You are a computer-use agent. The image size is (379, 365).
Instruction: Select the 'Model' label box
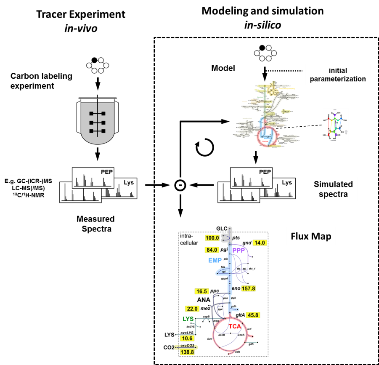pyautogui.click(x=223, y=68)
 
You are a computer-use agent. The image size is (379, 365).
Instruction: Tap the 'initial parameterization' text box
pyautogui.click(x=338, y=75)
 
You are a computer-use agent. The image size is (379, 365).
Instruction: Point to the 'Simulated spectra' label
pyautogui.click(x=333, y=189)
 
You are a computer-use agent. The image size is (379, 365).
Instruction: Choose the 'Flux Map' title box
pyautogui.click(x=311, y=237)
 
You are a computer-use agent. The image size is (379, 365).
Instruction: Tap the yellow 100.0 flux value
pyautogui.click(x=212, y=238)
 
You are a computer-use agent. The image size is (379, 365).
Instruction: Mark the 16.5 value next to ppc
pyautogui.click(x=202, y=291)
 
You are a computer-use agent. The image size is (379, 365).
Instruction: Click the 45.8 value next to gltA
pyautogui.click(x=253, y=315)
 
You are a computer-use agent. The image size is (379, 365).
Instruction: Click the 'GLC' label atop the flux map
pyautogui.click(x=222, y=229)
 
